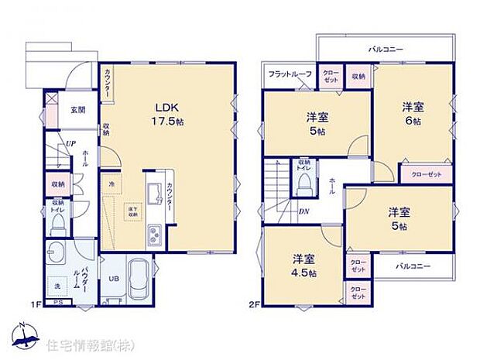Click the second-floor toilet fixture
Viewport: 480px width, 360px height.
pyautogui.click(x=305, y=183)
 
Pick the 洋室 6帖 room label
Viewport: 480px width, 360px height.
pyautogui.click(x=412, y=115)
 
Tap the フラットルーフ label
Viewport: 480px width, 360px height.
pyautogui.click(x=290, y=74)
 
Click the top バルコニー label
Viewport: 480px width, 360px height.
pyautogui.click(x=386, y=48)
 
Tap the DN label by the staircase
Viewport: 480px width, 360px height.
pyautogui.click(x=303, y=210)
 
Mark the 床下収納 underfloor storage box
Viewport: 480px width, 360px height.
pyautogui.click(x=133, y=211)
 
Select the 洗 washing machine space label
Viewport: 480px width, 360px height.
pyautogui.click(x=56, y=287)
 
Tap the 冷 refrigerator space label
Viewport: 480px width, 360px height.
pyautogui.click(x=111, y=185)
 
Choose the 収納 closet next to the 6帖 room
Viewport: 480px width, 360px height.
pyautogui.click(x=358, y=77)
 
